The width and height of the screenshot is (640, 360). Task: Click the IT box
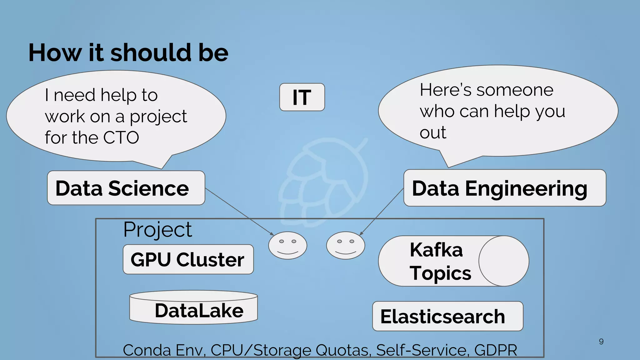point(302,97)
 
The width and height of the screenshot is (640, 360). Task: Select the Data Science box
point(126,188)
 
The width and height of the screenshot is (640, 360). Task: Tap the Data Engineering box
point(504,188)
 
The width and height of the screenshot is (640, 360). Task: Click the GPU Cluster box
point(188,259)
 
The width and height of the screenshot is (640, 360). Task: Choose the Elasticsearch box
point(447,316)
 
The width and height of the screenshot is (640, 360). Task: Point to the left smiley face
point(287,245)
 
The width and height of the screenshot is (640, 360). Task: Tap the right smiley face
point(345,245)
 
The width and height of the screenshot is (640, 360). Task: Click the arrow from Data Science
point(239,211)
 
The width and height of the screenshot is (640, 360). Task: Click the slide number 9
point(601,342)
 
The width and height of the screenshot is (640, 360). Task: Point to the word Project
point(157,230)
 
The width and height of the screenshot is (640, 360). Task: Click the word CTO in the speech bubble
point(121,137)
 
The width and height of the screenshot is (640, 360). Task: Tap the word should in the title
point(151,52)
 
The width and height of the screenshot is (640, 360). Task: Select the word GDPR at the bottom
point(496,350)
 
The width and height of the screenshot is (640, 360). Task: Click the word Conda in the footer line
point(147,350)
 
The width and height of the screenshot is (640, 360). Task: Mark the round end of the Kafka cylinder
point(503,261)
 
